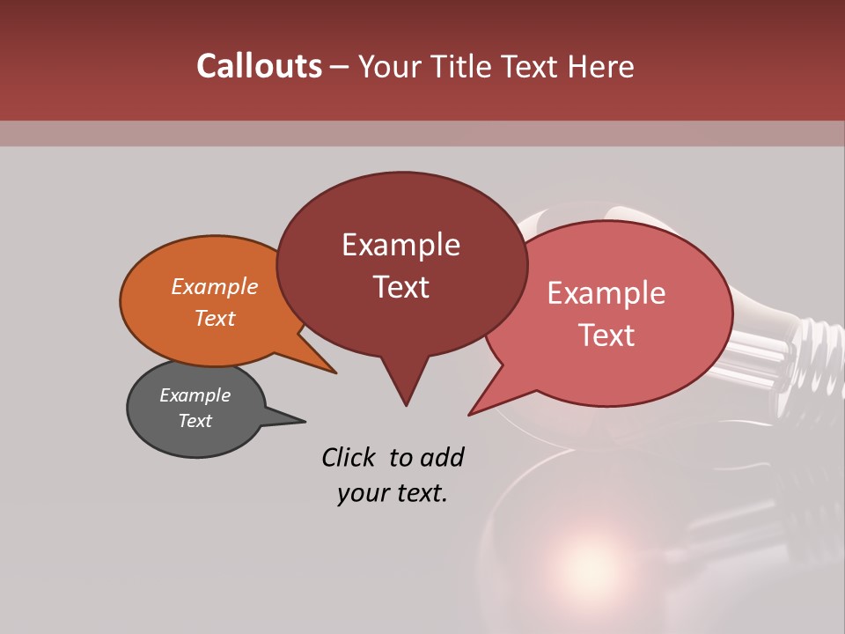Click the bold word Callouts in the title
(259, 66)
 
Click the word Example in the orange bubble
(215, 286)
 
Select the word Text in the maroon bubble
(401, 287)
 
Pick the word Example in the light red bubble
(606, 293)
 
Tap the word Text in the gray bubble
(195, 421)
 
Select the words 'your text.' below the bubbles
(393, 493)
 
